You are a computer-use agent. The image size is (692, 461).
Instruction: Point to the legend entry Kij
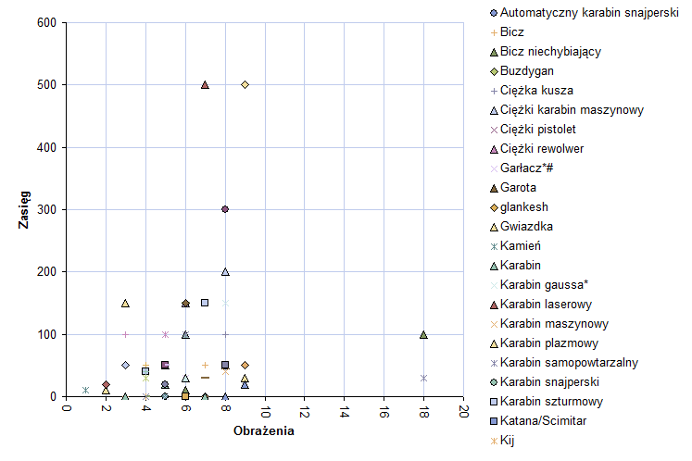pyautogui.click(x=506, y=441)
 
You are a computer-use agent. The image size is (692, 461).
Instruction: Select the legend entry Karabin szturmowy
pyautogui.click(x=552, y=402)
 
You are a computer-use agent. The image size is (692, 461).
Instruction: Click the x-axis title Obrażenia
pyautogui.click(x=264, y=431)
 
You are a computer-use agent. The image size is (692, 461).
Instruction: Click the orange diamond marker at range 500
pyautogui.click(x=245, y=84)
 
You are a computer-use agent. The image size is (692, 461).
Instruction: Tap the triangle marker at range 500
pyautogui.click(x=205, y=84)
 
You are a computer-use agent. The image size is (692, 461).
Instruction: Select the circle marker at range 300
pyautogui.click(x=225, y=209)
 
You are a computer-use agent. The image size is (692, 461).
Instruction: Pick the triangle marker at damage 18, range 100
pyautogui.click(x=423, y=334)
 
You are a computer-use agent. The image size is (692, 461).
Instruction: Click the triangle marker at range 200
pyautogui.click(x=225, y=271)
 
